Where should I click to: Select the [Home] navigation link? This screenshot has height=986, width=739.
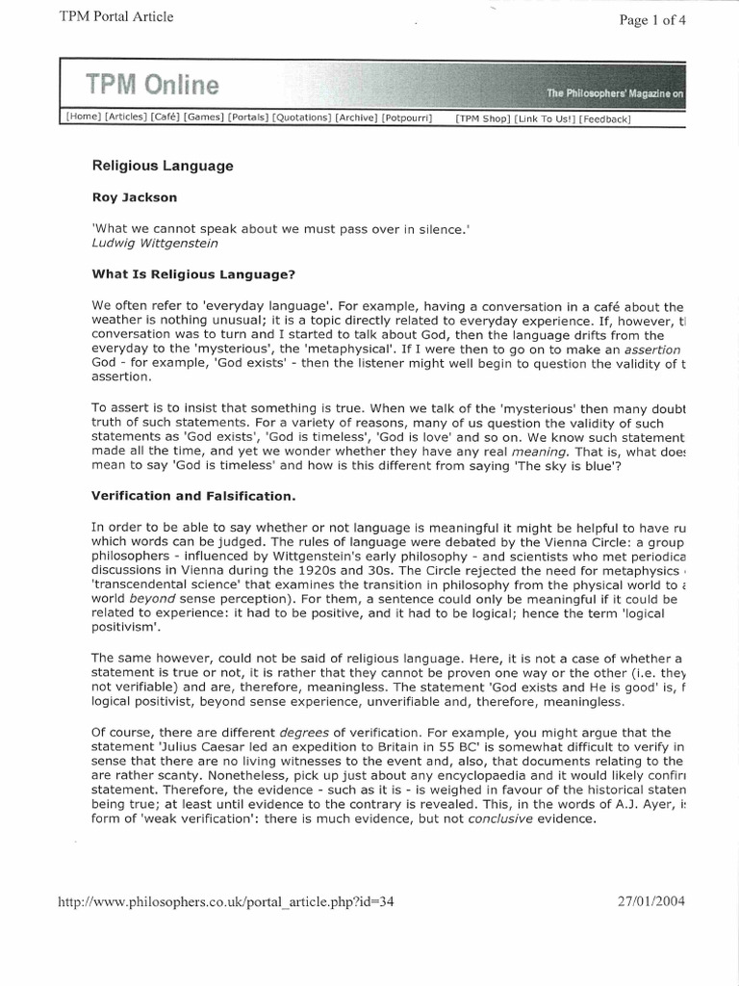(83, 118)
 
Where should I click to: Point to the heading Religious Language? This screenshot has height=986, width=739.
(163, 166)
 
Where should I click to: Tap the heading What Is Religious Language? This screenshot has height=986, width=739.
(192, 274)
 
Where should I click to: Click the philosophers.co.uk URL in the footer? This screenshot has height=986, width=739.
(227, 903)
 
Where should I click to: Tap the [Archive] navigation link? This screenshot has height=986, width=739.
(356, 118)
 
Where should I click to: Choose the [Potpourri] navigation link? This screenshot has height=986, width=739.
(407, 118)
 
